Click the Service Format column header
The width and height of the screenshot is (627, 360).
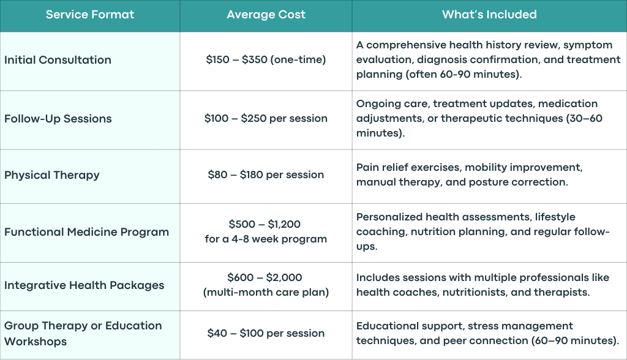tap(90, 15)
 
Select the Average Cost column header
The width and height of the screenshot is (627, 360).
tap(266, 15)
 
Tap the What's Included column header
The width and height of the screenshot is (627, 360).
tap(489, 15)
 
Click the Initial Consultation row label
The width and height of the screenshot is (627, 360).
tap(58, 60)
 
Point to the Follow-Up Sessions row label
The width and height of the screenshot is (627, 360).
tap(58, 119)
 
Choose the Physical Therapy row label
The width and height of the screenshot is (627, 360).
tap(52, 175)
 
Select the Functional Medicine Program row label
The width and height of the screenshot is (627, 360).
tap(87, 232)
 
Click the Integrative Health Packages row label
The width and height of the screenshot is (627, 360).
tap(84, 285)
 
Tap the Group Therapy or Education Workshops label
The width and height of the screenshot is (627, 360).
tap(83, 334)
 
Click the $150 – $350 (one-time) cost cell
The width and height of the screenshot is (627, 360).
tap(266, 60)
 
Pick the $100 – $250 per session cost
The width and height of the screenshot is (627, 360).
tap(266, 119)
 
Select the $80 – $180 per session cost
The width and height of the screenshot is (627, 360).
tap(266, 175)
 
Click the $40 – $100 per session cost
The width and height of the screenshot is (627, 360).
tap(266, 333)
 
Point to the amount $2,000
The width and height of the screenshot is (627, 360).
tap(284, 277)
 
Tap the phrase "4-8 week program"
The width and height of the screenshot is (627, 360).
tap(279, 239)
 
